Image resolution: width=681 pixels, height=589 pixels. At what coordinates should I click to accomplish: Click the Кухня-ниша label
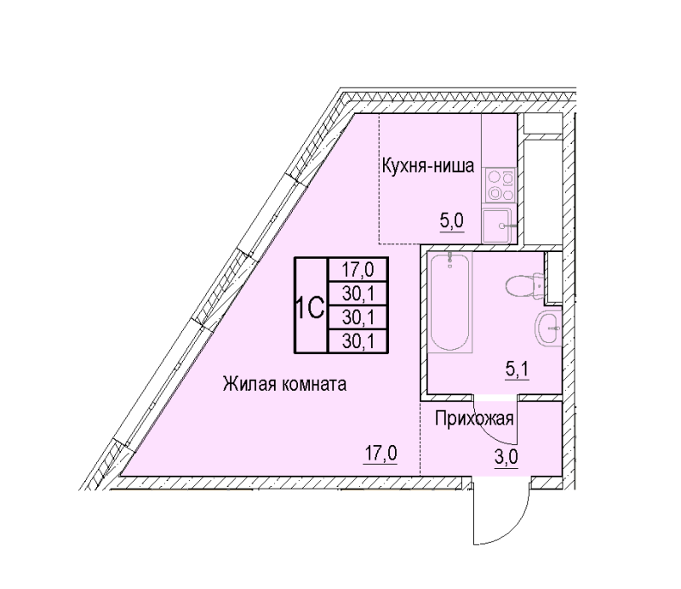pyautogui.click(x=428, y=165)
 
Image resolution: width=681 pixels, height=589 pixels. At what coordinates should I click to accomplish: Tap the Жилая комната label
pyautogui.click(x=284, y=384)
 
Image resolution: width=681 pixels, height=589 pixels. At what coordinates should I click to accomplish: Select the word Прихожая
pyautogui.click(x=474, y=418)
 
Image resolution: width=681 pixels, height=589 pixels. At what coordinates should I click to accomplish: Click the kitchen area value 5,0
pyautogui.click(x=452, y=221)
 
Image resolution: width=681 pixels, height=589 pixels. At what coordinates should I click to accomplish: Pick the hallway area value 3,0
pyautogui.click(x=506, y=456)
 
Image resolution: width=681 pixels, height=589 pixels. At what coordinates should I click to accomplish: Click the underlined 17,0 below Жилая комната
pyautogui.click(x=381, y=454)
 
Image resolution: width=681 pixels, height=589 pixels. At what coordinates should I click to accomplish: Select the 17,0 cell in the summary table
pyautogui.click(x=358, y=270)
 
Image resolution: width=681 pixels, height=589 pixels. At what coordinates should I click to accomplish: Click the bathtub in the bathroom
pyautogui.click(x=449, y=302)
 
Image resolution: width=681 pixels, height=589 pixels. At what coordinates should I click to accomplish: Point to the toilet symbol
pyautogui.click(x=524, y=285)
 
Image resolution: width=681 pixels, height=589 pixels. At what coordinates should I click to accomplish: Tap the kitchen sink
pyautogui.click(x=499, y=226)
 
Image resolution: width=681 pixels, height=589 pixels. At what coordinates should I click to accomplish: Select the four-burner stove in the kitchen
pyautogui.click(x=500, y=185)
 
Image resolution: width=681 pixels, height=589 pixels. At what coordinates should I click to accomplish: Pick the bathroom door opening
pyautogui.click(x=496, y=397)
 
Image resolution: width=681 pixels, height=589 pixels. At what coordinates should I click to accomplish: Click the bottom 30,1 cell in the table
pyautogui.click(x=358, y=341)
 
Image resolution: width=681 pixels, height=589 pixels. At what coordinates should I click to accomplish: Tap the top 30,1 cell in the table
pyautogui.click(x=358, y=294)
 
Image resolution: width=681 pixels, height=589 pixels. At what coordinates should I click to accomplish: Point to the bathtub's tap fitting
pyautogui.click(x=449, y=259)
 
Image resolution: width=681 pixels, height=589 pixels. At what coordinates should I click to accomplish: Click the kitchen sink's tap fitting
pyautogui.click(x=507, y=226)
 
